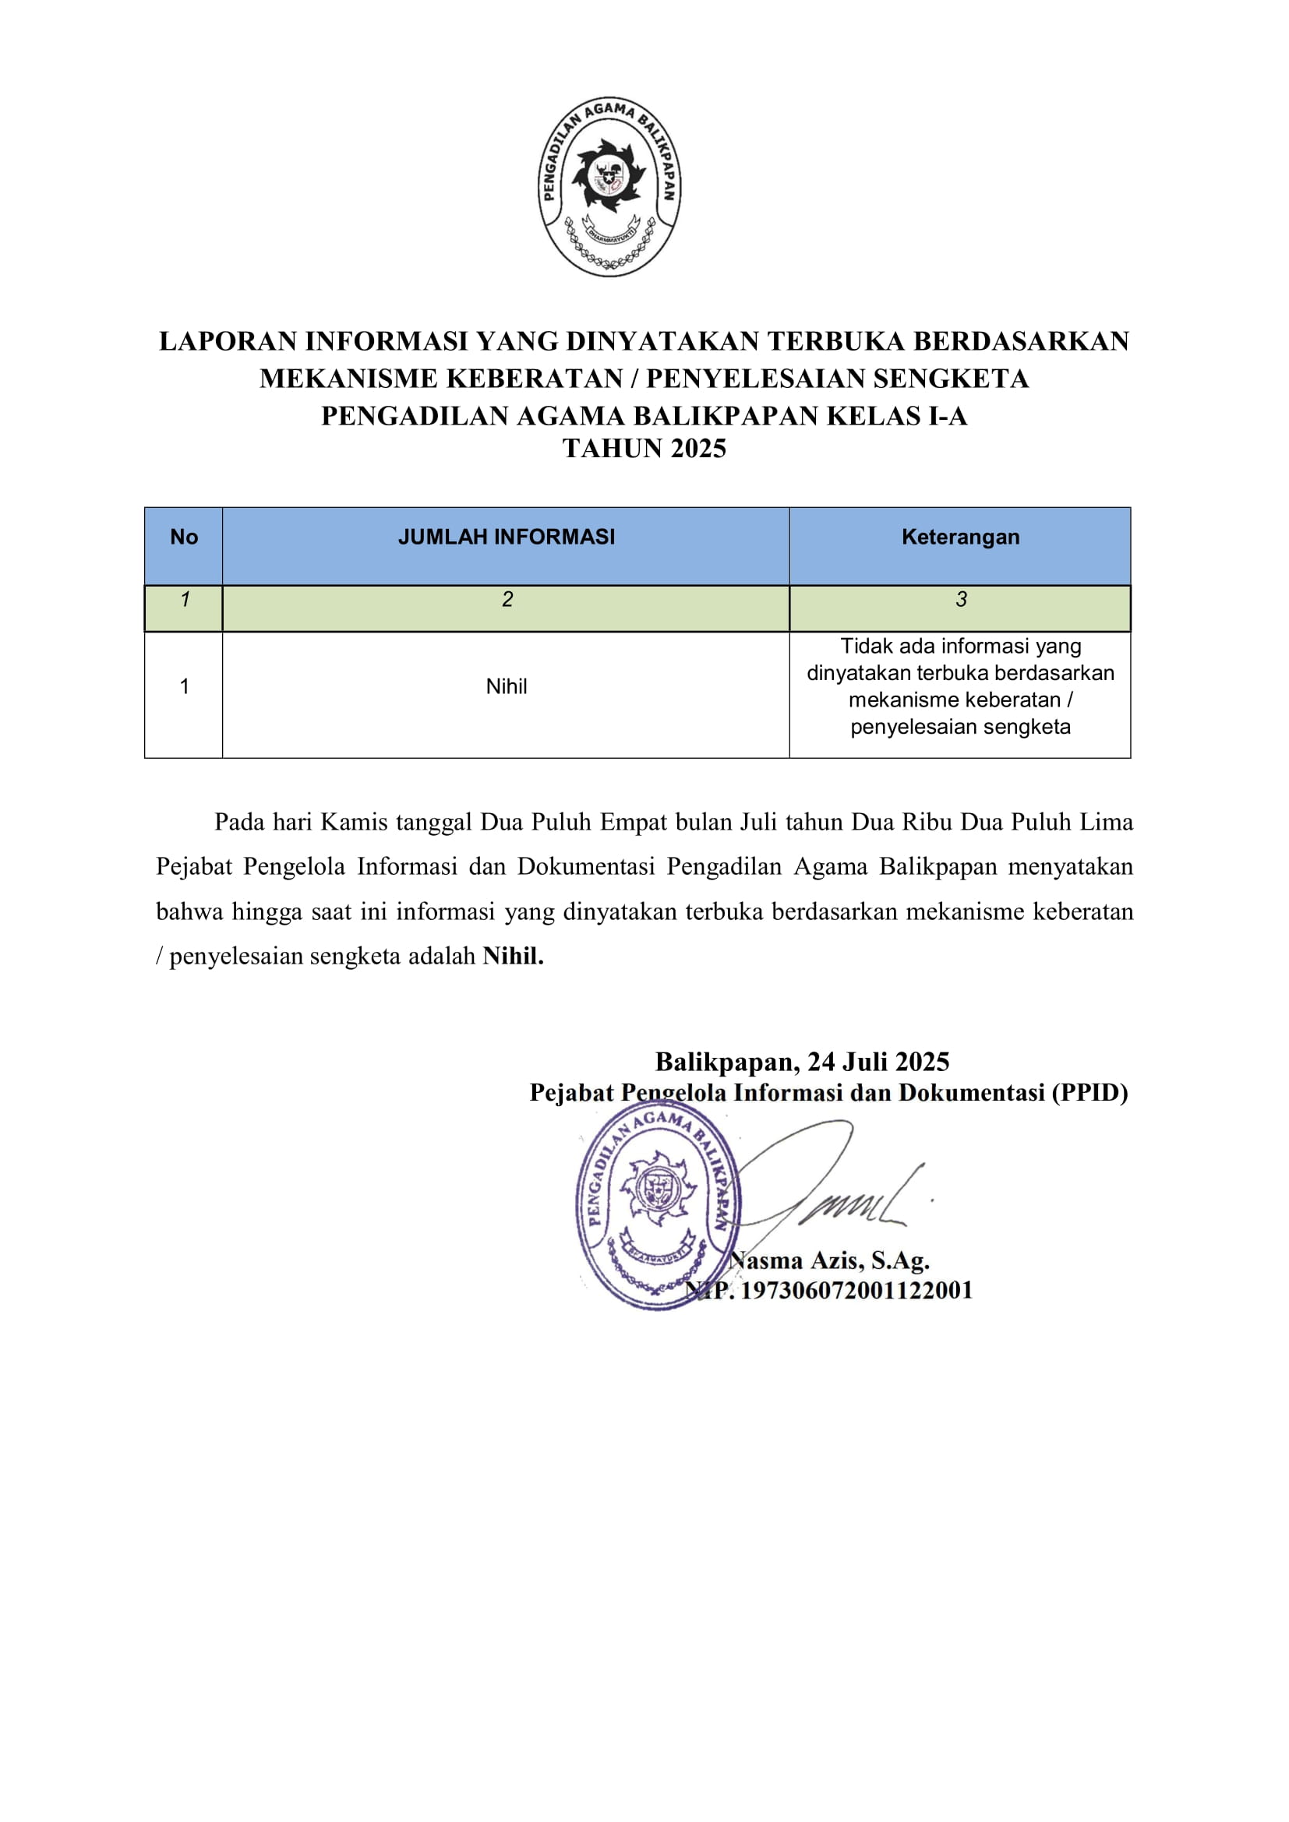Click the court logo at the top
[x=609, y=186]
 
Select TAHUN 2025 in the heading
[x=644, y=449]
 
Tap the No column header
[x=183, y=537]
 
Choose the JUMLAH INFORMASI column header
[x=507, y=537]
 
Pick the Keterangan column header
[x=959, y=537]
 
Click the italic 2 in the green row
[x=507, y=600]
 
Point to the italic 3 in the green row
[x=960, y=600]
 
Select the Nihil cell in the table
[x=507, y=686]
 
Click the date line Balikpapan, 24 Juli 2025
[x=802, y=1062]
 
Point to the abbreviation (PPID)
[x=1089, y=1094]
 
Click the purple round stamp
[x=657, y=1205]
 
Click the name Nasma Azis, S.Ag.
[x=829, y=1260]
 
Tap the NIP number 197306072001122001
[x=856, y=1290]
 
